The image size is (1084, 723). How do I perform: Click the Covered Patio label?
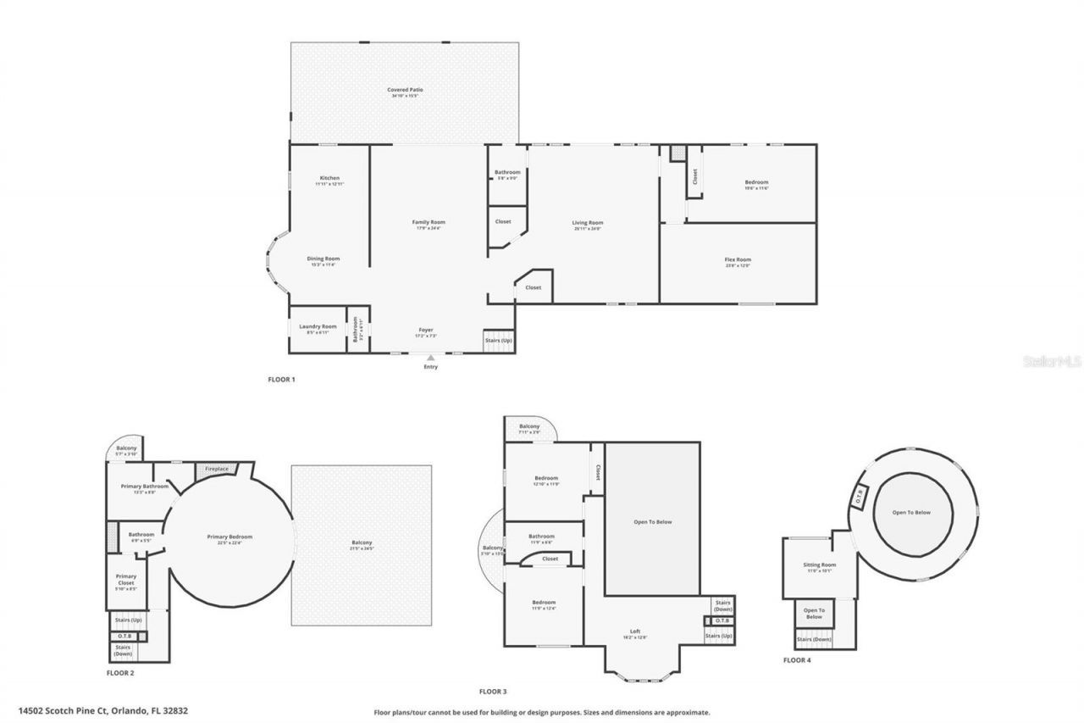point(405,90)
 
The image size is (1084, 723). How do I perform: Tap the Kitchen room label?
point(329,179)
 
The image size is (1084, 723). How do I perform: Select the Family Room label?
point(429,223)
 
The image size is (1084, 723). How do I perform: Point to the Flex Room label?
point(738,260)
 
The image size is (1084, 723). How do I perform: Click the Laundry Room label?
point(318,327)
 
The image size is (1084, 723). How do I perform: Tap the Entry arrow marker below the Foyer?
point(431,359)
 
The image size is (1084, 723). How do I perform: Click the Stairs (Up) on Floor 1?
point(498,340)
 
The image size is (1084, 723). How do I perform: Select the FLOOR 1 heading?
point(281,380)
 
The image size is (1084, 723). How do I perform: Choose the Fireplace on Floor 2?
point(217,469)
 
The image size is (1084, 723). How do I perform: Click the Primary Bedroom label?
point(230,537)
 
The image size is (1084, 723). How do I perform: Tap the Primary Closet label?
point(126,580)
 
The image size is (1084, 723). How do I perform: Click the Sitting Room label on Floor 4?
point(820,565)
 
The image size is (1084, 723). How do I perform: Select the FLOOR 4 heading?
point(797,659)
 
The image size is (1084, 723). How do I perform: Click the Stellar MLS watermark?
point(1053,361)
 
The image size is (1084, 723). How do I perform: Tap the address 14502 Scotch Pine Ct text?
point(103,711)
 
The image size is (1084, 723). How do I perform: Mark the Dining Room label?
point(323,259)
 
